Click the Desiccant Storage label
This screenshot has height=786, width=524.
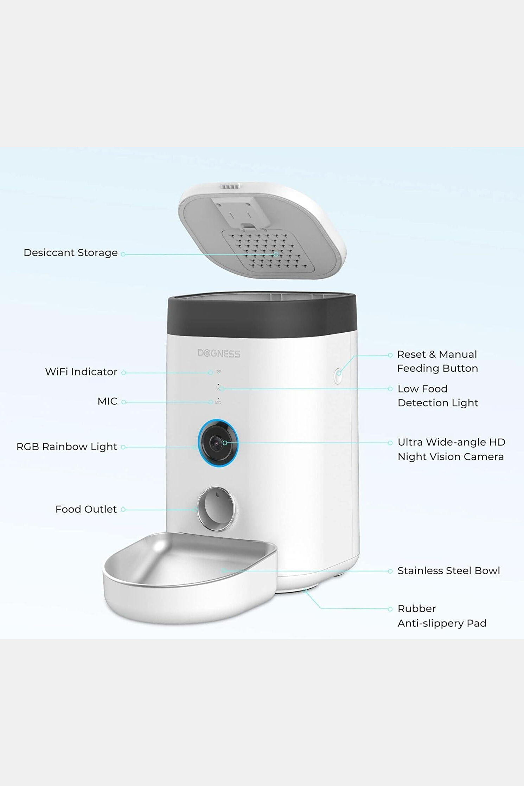point(70,253)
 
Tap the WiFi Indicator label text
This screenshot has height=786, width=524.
point(81,372)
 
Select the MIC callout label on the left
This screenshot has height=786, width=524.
point(107,401)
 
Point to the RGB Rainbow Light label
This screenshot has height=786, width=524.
point(67,447)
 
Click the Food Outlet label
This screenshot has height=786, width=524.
point(86,509)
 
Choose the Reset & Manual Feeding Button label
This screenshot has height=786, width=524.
point(437,361)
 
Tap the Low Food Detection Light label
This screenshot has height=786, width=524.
point(438,396)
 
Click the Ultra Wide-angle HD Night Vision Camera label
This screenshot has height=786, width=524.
point(451,449)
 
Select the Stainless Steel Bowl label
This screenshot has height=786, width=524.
point(448,570)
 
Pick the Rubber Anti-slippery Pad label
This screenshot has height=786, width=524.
point(442,616)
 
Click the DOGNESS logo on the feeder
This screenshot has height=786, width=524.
point(219,354)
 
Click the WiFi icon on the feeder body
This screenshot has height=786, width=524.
point(218,371)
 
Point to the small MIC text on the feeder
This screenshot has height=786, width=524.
point(218,403)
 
